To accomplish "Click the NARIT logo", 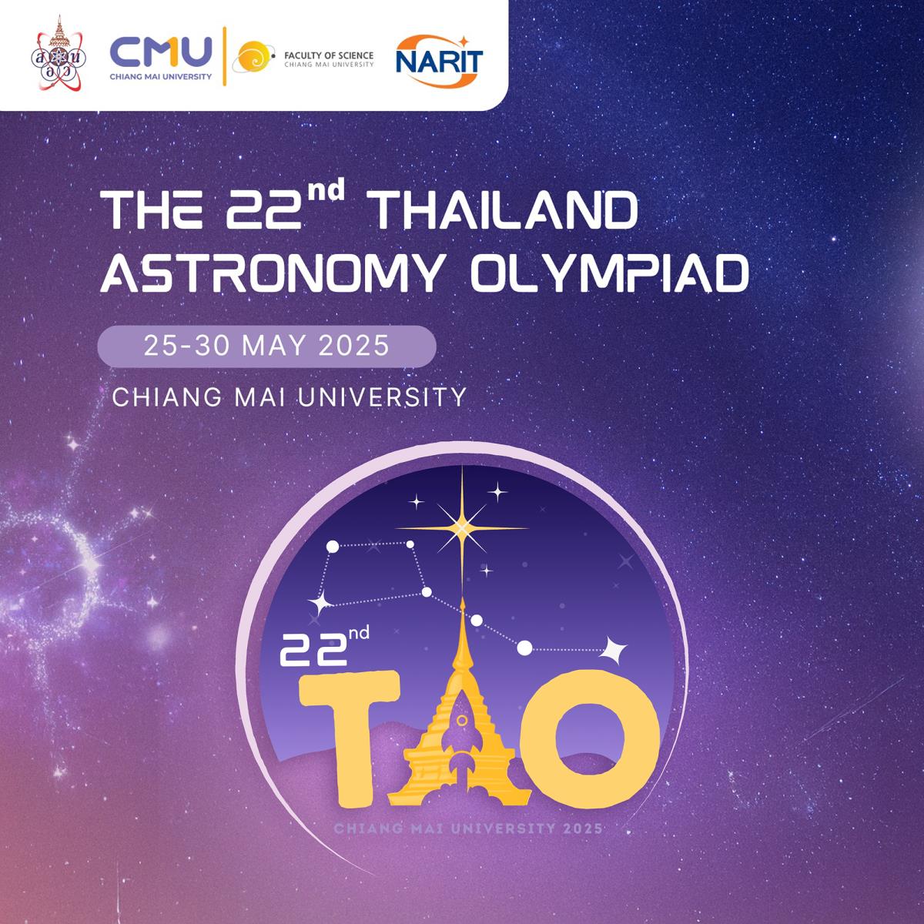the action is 439,61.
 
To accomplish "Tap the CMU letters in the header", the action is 161,52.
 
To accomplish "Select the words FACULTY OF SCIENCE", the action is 329,55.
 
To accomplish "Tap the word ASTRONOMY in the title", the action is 270,273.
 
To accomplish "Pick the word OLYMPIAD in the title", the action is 609,273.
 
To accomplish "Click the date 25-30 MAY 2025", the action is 266,346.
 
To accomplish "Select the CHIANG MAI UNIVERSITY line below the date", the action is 290,397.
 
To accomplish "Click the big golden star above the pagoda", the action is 462,528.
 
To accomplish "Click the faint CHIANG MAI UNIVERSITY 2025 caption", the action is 468,829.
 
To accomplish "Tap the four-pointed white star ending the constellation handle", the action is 614,650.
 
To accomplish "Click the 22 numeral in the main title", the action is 264,210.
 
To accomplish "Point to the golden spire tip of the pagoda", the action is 463,599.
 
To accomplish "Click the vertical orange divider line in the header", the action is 224,56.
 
